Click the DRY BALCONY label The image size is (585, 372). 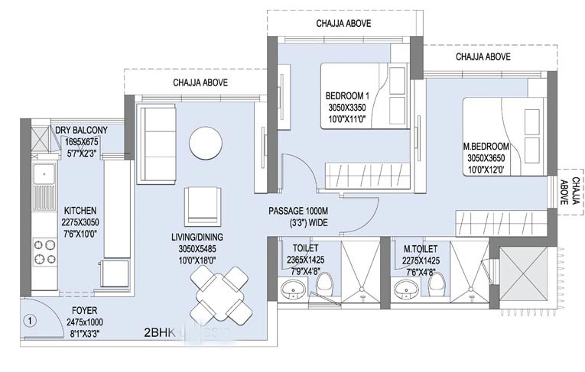click(82, 131)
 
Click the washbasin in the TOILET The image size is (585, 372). click(291, 290)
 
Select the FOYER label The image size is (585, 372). click(84, 312)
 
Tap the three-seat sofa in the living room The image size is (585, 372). click(156, 144)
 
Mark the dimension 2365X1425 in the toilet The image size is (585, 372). click(304, 259)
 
